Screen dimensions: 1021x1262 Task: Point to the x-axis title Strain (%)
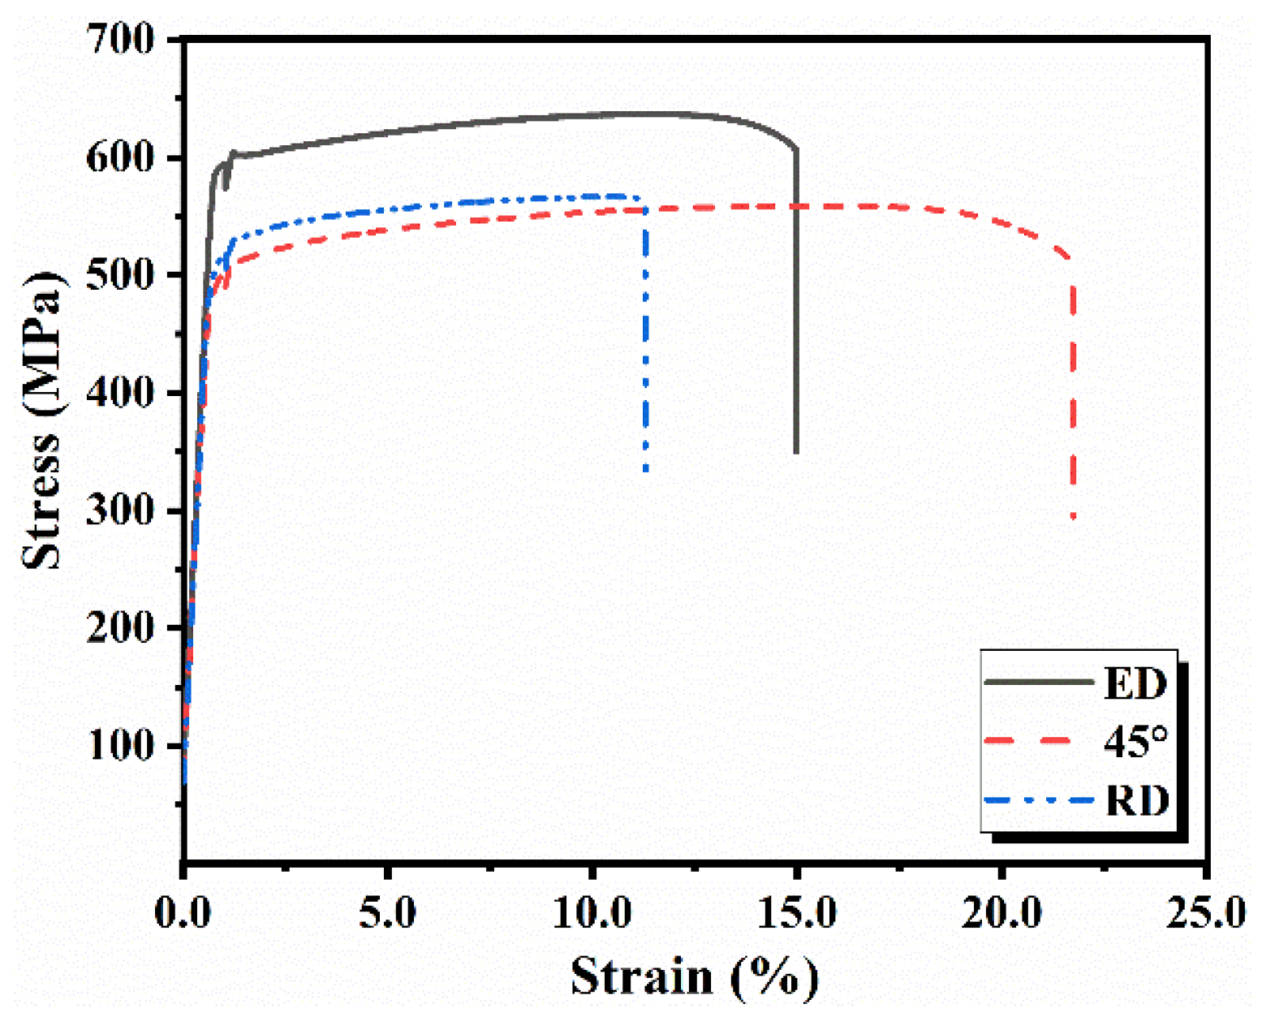click(x=695, y=976)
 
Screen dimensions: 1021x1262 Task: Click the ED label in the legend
click(x=1135, y=683)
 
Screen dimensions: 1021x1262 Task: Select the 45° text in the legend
click(x=1135, y=742)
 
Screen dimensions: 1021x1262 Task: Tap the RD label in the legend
click(x=1136, y=801)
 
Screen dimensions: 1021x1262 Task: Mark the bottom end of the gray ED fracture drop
click(x=796, y=451)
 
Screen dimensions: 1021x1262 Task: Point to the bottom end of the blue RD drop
click(x=646, y=469)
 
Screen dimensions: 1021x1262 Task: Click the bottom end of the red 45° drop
click(x=1074, y=516)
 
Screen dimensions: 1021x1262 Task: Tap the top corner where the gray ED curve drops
click(x=796, y=149)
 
